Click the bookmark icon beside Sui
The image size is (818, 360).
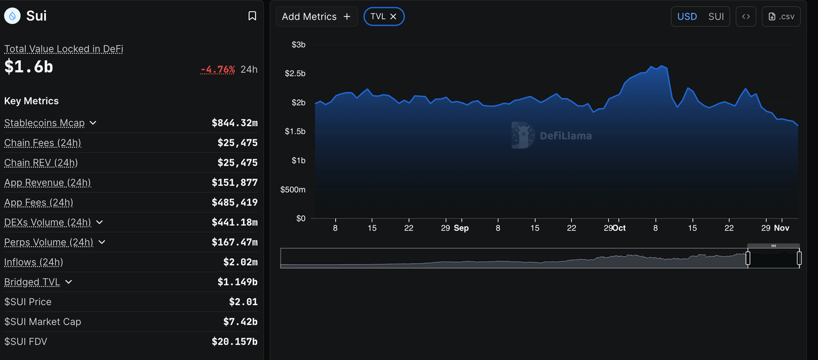coord(252,16)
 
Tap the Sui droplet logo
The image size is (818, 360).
coord(12,16)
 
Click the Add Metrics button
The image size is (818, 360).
coord(316,17)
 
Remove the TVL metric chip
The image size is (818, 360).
coord(394,17)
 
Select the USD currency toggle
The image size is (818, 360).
coord(686,17)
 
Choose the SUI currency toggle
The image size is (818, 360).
coord(716,17)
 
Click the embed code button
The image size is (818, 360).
coord(746,17)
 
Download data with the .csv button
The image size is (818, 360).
coord(781,17)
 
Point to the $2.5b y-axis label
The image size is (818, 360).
coord(295,73)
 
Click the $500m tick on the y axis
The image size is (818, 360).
coord(293,190)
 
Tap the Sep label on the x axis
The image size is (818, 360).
coord(461,228)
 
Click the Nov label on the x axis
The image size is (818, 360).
coord(781,228)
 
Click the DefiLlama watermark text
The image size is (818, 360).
coord(566,136)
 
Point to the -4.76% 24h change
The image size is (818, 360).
coord(218,70)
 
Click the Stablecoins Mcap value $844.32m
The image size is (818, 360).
coord(234,123)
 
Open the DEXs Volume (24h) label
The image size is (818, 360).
coord(47,223)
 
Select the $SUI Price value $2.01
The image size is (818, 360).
coord(243,302)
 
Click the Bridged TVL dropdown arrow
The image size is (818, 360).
coord(68,282)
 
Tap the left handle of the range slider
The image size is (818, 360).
coord(748,258)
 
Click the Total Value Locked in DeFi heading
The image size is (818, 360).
coord(64,49)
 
